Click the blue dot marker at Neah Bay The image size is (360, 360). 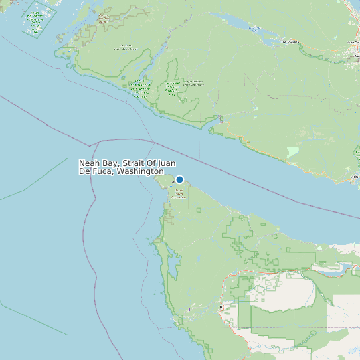click(179, 179)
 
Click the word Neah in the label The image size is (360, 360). click(90, 163)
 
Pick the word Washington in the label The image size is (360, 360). click(140, 172)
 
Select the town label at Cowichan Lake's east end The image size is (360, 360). click(290, 41)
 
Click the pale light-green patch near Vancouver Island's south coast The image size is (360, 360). click(292, 151)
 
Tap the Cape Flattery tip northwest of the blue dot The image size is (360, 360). click(158, 175)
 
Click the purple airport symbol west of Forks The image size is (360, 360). click(189, 310)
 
